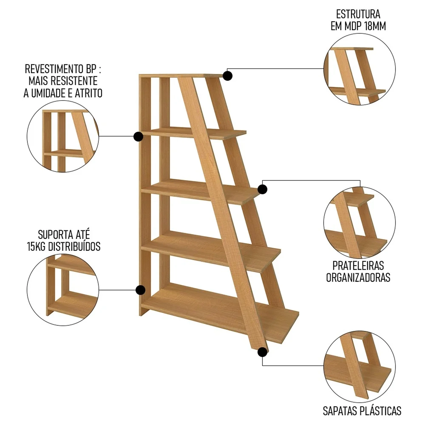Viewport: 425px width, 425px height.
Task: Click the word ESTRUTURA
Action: click(x=358, y=14)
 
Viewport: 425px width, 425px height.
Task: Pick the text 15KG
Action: click(x=36, y=246)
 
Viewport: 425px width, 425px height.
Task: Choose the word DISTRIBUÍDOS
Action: click(x=74, y=246)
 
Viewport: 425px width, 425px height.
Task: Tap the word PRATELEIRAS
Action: click(x=358, y=265)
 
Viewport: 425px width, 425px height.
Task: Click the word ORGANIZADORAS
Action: click(x=358, y=277)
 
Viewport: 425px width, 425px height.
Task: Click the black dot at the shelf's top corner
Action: click(x=228, y=76)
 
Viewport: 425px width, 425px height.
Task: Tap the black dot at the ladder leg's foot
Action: click(x=263, y=352)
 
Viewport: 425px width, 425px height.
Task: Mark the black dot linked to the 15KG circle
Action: click(x=140, y=290)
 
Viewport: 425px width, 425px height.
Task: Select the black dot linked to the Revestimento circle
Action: click(x=138, y=136)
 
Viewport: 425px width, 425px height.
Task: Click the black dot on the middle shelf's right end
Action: click(x=263, y=189)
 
